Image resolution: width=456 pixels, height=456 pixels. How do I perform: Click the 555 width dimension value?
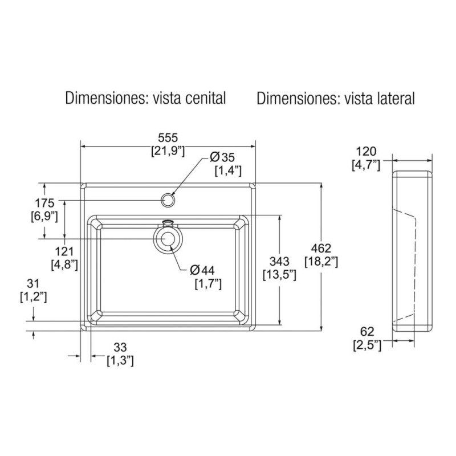click(x=168, y=138)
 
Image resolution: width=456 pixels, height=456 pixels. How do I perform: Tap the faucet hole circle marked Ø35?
click(x=168, y=200)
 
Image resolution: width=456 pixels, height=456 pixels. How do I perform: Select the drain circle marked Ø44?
click(x=168, y=239)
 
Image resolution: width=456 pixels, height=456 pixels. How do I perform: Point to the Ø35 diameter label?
click(x=222, y=157)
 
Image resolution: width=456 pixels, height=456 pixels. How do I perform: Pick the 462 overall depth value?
click(x=322, y=247)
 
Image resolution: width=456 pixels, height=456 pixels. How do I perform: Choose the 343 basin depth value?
click(x=280, y=261)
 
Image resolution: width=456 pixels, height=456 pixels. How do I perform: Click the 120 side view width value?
click(x=366, y=152)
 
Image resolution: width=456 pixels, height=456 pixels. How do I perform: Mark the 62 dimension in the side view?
click(x=366, y=331)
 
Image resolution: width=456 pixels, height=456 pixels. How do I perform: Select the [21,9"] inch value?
click(x=168, y=151)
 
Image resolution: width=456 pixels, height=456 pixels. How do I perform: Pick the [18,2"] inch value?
click(x=322, y=261)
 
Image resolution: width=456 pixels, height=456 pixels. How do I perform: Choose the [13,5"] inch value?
click(x=280, y=275)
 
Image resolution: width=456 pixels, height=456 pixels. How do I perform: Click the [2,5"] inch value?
click(x=366, y=345)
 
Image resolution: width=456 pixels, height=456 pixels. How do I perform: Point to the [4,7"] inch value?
click(x=366, y=165)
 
